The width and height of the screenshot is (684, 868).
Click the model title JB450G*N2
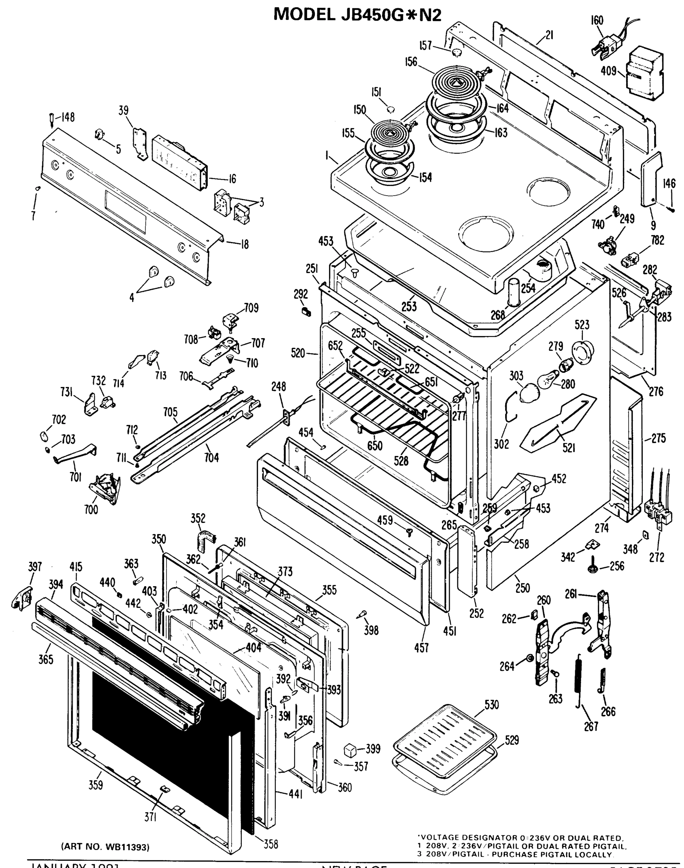(x=358, y=14)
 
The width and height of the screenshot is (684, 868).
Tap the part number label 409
(x=608, y=71)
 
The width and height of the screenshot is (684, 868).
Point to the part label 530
(x=491, y=705)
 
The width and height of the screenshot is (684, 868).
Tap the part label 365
(x=46, y=659)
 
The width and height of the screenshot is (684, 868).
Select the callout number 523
(x=582, y=325)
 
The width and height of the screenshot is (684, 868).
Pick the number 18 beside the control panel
(x=245, y=244)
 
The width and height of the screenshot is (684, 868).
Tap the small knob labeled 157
(x=456, y=52)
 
